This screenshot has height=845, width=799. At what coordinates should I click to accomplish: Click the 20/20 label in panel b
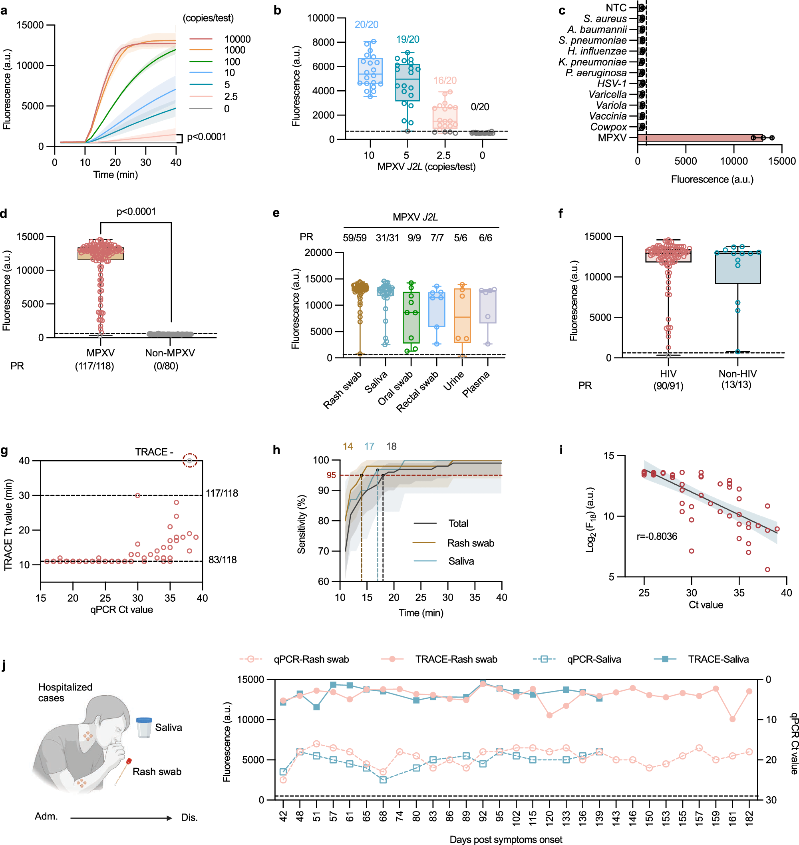tap(366, 25)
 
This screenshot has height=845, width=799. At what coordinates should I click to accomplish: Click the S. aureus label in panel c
tap(605, 19)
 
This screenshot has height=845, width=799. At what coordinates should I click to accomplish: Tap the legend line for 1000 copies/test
tap(201, 50)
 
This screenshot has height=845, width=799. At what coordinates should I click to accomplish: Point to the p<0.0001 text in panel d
tap(136, 212)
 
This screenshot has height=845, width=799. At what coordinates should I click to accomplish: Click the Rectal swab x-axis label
tap(417, 392)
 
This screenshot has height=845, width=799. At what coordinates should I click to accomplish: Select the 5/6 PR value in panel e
tap(460, 238)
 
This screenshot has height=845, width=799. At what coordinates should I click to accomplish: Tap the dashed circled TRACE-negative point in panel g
tap(189, 460)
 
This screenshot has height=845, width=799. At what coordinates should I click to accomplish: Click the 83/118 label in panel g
tap(223, 560)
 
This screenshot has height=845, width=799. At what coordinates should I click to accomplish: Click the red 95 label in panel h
tap(331, 475)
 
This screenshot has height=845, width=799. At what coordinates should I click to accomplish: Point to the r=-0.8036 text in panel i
tap(656, 536)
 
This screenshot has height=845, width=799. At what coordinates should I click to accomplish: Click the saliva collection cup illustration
tap(144, 728)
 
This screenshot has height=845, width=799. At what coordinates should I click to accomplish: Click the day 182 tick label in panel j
tap(749, 817)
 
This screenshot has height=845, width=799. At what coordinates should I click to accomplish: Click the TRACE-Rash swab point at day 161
tap(733, 719)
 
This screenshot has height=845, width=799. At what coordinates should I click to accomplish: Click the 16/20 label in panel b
tap(445, 80)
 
